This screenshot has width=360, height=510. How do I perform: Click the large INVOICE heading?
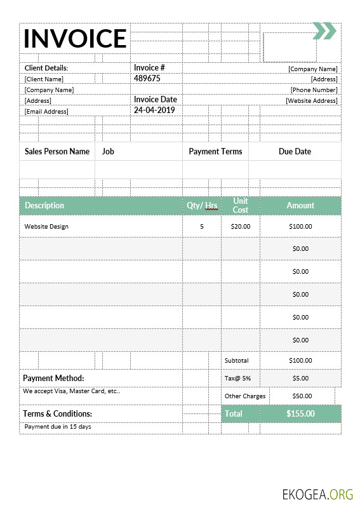coord(75,39)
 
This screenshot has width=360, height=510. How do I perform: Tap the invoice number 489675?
coord(147,79)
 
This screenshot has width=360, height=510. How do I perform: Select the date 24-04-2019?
coord(154,110)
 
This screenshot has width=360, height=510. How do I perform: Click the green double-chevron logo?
coord(324,30)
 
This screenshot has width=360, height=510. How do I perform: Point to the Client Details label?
coord(46,68)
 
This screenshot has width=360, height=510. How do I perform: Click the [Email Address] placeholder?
coord(46,111)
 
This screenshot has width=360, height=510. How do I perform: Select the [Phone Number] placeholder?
coord(314,90)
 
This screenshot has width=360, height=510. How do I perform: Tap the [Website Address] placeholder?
coord(311,100)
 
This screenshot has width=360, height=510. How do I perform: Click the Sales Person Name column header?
coord(57,152)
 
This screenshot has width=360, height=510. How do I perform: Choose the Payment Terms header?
coord(215,152)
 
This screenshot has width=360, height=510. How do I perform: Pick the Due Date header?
coord(295,152)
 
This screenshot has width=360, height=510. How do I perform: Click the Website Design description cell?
coord(46,226)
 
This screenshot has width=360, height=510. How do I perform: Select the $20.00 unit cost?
coord(241,226)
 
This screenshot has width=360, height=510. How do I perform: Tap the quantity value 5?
coord(202,226)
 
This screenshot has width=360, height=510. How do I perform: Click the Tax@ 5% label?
coord(237,378)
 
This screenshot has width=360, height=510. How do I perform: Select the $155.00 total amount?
coord(300,413)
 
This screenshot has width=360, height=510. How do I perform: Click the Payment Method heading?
coord(53,378)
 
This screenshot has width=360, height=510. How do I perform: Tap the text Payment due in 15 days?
coord(58,426)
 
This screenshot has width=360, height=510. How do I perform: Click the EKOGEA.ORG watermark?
coord(318,494)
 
